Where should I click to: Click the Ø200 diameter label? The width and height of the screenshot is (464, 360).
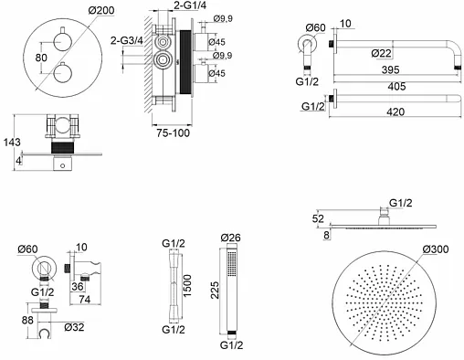tap(101, 10)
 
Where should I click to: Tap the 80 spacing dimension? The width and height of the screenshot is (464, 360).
tap(41, 58)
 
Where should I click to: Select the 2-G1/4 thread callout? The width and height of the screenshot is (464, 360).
tap(190, 5)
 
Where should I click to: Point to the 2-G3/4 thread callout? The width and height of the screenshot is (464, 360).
tap(126, 40)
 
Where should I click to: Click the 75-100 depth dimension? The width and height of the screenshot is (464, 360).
tap(173, 132)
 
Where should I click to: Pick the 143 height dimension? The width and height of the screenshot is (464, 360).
tap(12, 142)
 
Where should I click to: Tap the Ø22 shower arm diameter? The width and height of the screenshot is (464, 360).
tap(381, 53)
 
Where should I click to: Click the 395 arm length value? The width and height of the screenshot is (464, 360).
tap(390, 69)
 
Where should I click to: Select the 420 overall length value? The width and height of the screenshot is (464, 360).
tap(395, 111)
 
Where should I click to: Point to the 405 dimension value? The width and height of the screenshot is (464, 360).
tap(396, 87)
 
